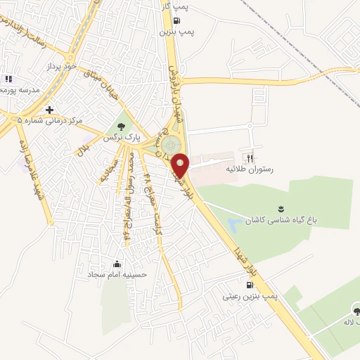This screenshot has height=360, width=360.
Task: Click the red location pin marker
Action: click(x=181, y=165)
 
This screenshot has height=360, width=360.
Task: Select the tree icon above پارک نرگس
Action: click(x=122, y=126)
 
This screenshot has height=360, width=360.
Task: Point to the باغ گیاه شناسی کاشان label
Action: click(x=281, y=219)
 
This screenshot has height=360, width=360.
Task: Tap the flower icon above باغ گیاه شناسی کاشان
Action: click(x=281, y=208)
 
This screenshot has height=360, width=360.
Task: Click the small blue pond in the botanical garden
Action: click(x=233, y=226)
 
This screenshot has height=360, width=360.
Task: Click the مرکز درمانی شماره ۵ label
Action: click(x=49, y=121)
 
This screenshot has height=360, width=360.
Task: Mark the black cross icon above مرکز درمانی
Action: click(x=49, y=109)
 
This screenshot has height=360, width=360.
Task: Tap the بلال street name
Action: click(x=84, y=148)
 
